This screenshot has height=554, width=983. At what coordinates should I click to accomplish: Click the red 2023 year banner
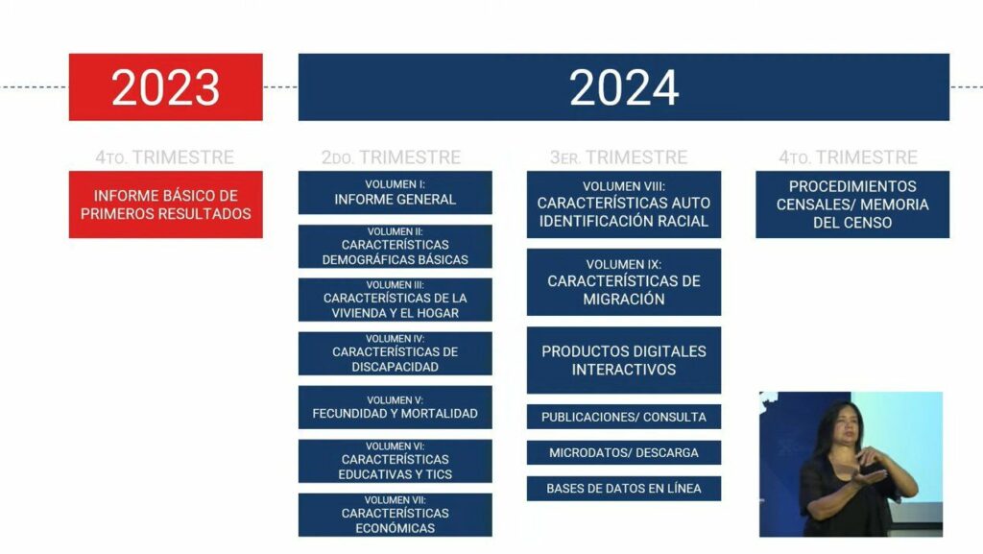point(165,87)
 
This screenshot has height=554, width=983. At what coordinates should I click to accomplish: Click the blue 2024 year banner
point(624,87)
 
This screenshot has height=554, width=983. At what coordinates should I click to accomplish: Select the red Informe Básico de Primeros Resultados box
point(165,205)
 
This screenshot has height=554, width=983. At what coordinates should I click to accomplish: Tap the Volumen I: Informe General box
point(395,192)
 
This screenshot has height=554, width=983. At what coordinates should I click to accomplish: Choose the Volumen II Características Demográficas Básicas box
point(395,247)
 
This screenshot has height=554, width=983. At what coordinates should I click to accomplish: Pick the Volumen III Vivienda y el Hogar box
point(395,300)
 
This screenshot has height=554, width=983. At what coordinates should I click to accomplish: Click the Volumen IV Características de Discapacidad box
point(395,353)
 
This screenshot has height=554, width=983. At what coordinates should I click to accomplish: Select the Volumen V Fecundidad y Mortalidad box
point(395,407)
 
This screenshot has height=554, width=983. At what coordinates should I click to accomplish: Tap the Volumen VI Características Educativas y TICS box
point(395,461)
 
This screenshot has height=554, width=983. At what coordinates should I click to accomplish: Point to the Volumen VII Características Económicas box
point(395,516)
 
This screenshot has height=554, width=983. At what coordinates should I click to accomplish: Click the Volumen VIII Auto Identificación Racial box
point(624,205)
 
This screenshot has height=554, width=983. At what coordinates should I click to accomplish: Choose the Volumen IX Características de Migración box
point(624,282)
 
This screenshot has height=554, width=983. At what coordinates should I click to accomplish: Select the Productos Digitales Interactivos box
point(624,360)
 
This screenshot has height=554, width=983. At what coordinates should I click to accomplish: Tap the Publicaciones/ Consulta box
point(624,417)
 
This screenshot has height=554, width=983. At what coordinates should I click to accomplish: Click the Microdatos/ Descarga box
point(624,452)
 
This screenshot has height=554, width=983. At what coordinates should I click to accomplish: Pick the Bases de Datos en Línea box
point(624,489)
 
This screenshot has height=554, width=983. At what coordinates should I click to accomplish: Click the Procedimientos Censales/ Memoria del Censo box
point(852,205)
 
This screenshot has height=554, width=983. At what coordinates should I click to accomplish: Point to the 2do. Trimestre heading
point(392,157)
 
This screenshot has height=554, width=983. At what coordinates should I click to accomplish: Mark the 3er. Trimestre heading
point(619,157)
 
